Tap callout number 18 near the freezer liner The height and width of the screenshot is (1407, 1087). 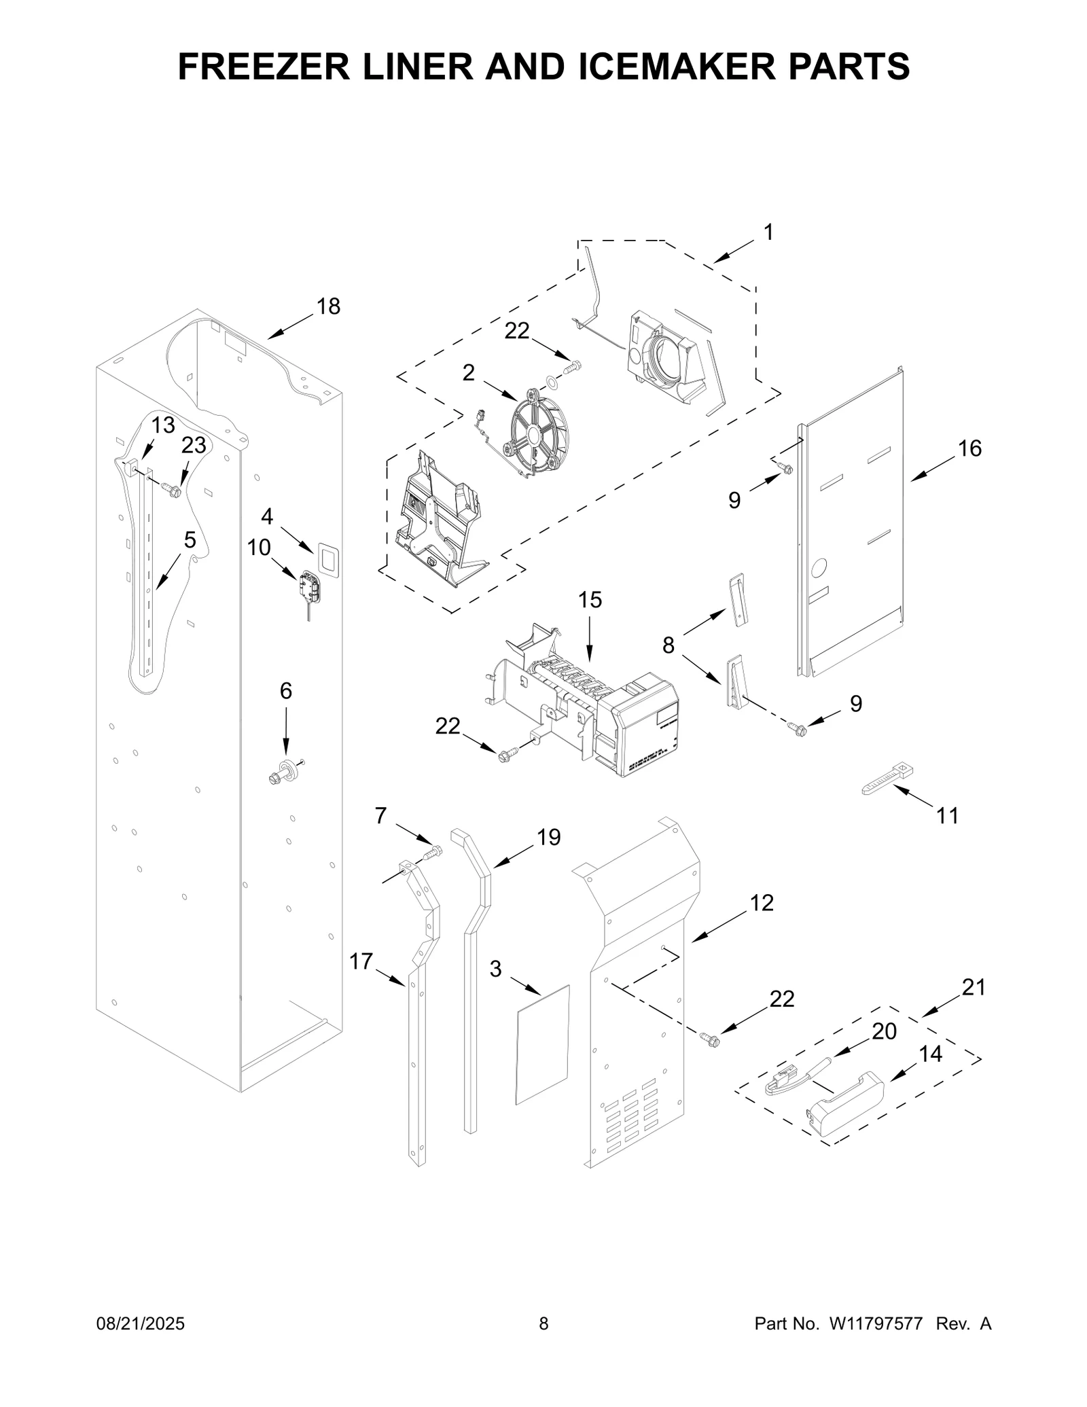point(328,307)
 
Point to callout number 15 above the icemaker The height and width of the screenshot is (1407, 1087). point(590,601)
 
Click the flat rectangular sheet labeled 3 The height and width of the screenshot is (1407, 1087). point(543,1044)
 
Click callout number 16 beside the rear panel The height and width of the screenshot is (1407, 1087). point(969,448)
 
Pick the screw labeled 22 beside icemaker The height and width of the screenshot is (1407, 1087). point(507,753)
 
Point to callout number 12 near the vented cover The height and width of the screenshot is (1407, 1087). point(762,903)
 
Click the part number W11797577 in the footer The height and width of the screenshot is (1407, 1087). point(874,1343)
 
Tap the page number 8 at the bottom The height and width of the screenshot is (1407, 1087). point(543,1343)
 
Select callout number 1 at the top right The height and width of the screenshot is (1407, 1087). point(768,233)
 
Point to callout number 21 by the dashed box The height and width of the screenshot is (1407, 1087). point(973,988)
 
